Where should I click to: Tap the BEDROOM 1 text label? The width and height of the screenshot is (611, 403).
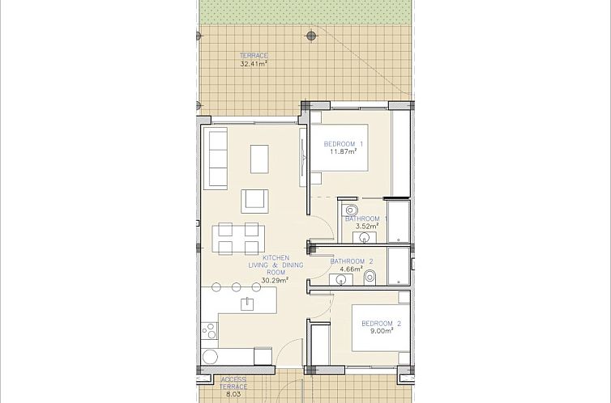pyautogui.click(x=344, y=144)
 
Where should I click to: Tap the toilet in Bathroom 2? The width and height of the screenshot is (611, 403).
pyautogui.click(x=370, y=278)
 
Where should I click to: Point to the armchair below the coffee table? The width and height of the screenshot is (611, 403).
pyautogui.click(x=254, y=199)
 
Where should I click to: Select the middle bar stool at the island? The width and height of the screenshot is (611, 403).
pyautogui.click(x=236, y=286)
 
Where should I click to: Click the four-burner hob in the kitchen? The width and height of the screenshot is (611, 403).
pyautogui.click(x=209, y=330)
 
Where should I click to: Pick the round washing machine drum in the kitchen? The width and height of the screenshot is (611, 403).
pyautogui.click(x=211, y=356)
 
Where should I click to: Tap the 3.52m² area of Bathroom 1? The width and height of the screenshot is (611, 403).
pyautogui.click(x=361, y=227)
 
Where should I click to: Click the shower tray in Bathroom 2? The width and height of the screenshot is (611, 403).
pyautogui.click(x=398, y=265)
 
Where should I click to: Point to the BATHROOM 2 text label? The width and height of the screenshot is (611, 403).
pyautogui.click(x=352, y=261)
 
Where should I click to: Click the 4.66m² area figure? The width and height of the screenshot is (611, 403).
pyautogui.click(x=352, y=269)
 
